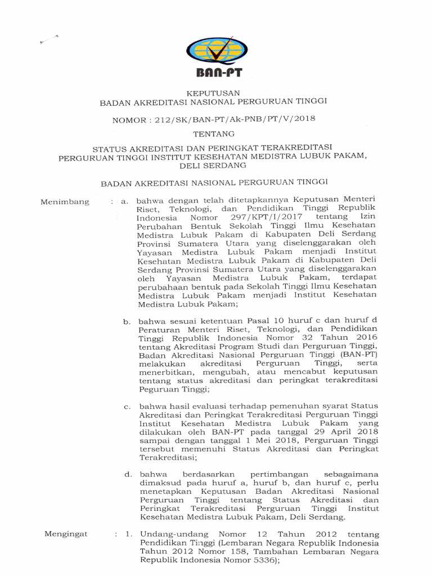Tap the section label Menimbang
pyautogui.click(x=65, y=202)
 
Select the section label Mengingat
pyautogui.click(x=66, y=534)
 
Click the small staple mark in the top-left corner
pyautogui.click(x=47, y=40)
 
